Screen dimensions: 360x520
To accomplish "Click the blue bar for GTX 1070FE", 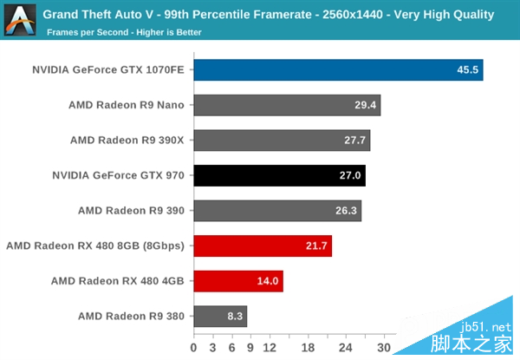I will [338, 70].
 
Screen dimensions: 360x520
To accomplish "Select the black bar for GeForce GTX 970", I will [279, 175].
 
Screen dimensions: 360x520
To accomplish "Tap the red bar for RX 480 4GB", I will [238, 281].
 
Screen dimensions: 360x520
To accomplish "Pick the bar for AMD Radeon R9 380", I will [220, 316].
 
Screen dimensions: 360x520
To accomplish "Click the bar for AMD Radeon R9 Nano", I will [287, 105].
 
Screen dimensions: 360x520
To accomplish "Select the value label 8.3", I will [234, 316].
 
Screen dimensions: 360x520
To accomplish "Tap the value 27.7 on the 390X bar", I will [355, 141].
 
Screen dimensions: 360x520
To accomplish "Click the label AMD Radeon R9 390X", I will [127, 141].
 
